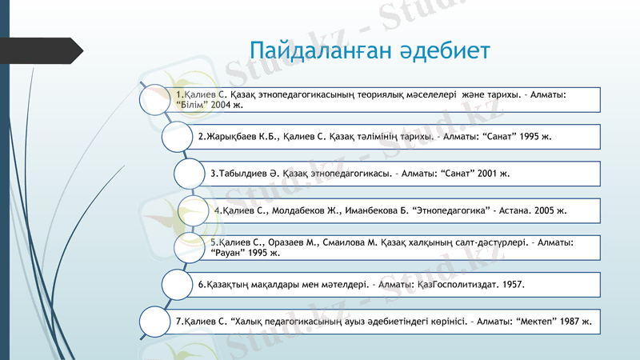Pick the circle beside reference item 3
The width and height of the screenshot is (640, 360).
click(190, 172)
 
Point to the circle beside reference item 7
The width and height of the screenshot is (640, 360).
click(156, 321)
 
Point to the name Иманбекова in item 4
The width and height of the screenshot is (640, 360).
click(367, 210)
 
